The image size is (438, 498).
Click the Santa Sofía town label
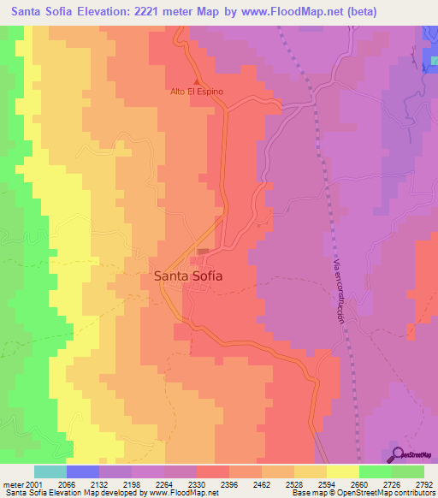tap(188, 276)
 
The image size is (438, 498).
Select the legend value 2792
tap(423, 484)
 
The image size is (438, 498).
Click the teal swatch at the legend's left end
tap(50, 471)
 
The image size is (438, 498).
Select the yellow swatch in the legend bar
tap(342, 471)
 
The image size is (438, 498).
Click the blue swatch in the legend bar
tap(83, 471)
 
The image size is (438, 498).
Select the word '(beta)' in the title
tap(406, 12)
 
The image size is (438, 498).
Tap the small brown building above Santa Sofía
tap(203, 252)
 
